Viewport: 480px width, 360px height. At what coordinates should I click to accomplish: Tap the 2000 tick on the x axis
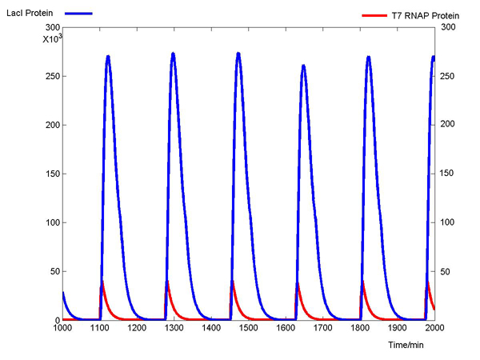[x=434, y=328]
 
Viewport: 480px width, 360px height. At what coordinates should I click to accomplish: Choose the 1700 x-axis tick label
[x=322, y=328]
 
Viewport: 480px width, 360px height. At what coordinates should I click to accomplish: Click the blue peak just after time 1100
[x=108, y=57]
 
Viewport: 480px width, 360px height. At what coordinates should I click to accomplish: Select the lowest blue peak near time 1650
[x=303, y=66]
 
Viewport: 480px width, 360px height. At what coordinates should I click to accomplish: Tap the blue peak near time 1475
[x=238, y=54]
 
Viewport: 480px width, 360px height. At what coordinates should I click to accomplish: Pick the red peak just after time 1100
[x=102, y=282]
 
